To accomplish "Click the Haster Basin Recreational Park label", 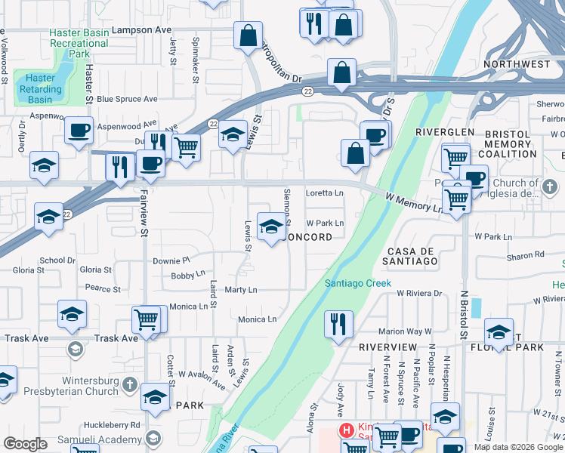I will [79, 44].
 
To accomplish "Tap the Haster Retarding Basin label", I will [40, 88].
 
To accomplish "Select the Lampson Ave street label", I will [141, 30].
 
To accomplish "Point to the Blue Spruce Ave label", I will [127, 99].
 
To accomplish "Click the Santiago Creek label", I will [357, 284].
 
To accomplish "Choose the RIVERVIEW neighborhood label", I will [387, 347].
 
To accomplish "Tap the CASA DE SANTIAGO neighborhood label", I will [412, 256].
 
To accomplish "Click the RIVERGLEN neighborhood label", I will [444, 132].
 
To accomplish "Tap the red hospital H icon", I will [347, 430].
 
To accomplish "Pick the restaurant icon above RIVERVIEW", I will [337, 324].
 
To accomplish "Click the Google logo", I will [25, 444].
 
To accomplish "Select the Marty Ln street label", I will [241, 290].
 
